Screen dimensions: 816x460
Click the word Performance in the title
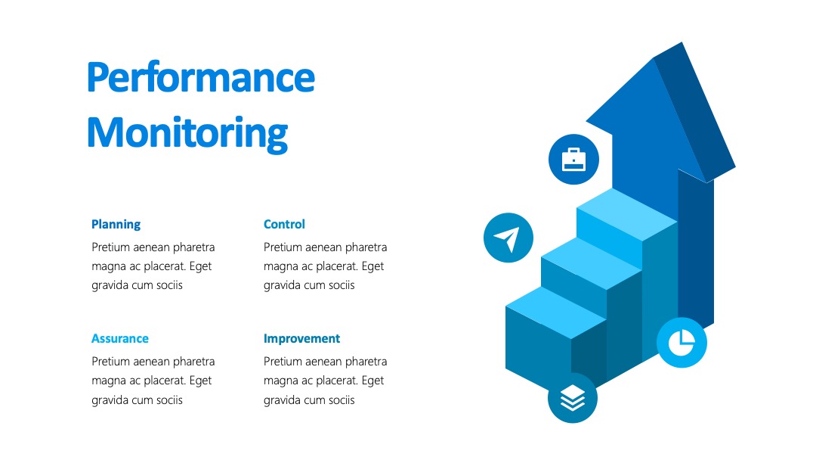pyautogui.click(x=201, y=78)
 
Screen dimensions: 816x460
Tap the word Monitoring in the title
pyautogui.click(x=187, y=133)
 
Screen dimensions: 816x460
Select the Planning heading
pyautogui.click(x=116, y=225)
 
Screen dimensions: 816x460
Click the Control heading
pyautogui.click(x=284, y=224)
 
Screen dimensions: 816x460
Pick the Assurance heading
pyautogui.click(x=120, y=339)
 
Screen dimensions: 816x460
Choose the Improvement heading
pyautogui.click(x=301, y=339)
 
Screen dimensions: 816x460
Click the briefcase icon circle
pyautogui.click(x=573, y=160)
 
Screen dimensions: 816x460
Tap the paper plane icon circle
pyautogui.click(x=508, y=238)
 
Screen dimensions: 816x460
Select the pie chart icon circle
pyautogui.click(x=682, y=342)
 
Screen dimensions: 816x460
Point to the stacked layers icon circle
pyautogui.click(x=573, y=398)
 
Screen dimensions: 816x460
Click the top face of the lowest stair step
pyautogui.click(x=556, y=312)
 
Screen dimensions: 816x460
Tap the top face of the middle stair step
pyautogui.click(x=591, y=263)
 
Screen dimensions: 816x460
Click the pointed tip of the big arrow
pyautogui.click(x=682, y=42)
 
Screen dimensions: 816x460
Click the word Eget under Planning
pyautogui.click(x=200, y=267)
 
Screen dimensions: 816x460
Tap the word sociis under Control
pyautogui.click(x=342, y=285)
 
